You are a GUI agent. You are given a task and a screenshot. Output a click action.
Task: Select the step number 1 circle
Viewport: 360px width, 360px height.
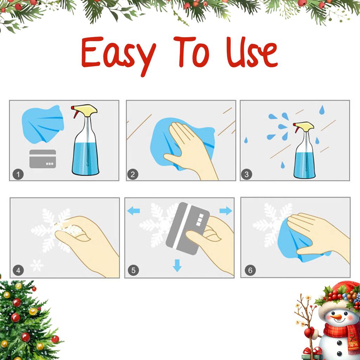pos(19,174)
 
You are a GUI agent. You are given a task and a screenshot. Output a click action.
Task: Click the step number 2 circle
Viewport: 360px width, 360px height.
pos(133,174)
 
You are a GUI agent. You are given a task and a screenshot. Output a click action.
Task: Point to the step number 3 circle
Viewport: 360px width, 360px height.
pos(246,174)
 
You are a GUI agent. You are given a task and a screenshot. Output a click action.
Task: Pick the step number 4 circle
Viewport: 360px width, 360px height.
pos(19,270)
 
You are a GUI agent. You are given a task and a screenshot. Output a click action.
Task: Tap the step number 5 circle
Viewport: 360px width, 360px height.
pos(133,270)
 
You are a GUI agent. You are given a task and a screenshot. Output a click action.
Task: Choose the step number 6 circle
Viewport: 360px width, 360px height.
pos(250,270)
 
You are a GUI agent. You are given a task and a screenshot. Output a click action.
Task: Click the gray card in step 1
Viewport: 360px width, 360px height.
pos(43,159)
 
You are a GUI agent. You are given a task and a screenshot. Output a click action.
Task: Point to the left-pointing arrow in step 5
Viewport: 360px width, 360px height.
pos(134,211)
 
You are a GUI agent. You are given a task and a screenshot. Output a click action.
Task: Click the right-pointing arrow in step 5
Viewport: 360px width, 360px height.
pos(226,211)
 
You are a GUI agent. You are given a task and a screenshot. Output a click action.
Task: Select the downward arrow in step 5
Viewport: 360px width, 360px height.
pos(178,265)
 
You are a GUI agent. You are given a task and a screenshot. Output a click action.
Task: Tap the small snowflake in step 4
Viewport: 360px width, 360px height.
pos(37,265)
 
